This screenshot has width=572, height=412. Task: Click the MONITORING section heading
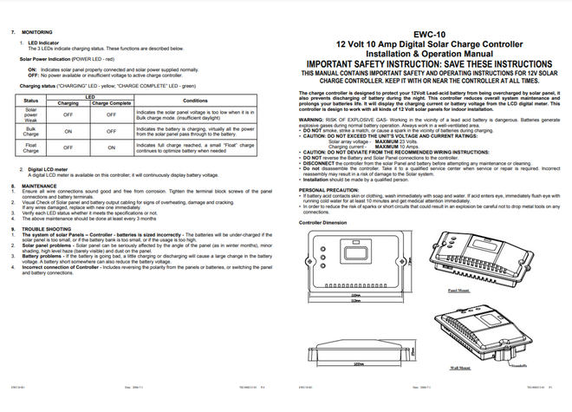[x=37, y=31]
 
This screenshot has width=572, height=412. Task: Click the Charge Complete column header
[x=111, y=104]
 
